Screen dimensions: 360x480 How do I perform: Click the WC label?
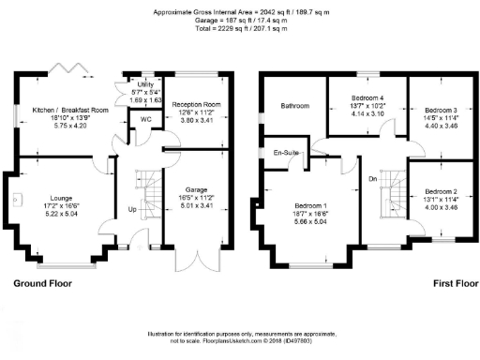(146, 121)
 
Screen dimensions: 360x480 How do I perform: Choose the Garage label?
(196, 189)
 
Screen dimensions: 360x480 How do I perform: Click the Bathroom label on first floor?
(295, 106)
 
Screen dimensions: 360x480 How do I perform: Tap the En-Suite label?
(285, 152)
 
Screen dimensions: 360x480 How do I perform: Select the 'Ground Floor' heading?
(43, 281)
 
